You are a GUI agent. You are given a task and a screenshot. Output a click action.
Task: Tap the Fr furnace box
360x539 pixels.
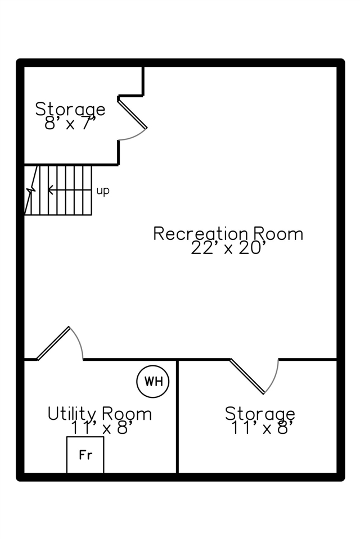pos(85,455)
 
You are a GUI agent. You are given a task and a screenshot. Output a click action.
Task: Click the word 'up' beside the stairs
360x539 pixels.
pos(103,191)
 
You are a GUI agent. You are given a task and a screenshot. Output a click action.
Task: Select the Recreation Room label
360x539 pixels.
pos(228,234)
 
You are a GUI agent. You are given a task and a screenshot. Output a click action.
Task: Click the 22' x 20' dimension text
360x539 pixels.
pos(228,247)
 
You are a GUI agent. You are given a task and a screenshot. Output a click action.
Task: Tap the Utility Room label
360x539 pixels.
pos(100,414)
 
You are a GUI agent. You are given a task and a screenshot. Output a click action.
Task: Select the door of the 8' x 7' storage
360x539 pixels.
pos(133,113)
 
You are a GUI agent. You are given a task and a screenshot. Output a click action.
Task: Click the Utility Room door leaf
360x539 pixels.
pos(53,343)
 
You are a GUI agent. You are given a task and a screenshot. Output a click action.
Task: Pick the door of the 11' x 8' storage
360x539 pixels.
pos(247,376)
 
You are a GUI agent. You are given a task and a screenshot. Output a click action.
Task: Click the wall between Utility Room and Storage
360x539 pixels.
pos(177,416)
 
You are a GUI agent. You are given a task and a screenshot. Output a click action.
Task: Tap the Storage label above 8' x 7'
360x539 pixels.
pos(70,109)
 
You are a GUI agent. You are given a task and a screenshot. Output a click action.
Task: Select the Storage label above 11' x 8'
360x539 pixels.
pos(260,413)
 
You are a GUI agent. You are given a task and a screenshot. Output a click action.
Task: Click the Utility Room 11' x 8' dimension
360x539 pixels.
pos(102,428)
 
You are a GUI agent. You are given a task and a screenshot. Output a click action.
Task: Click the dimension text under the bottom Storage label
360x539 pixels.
pos(262,428)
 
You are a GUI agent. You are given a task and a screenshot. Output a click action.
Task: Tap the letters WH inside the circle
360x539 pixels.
pos(153,381)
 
